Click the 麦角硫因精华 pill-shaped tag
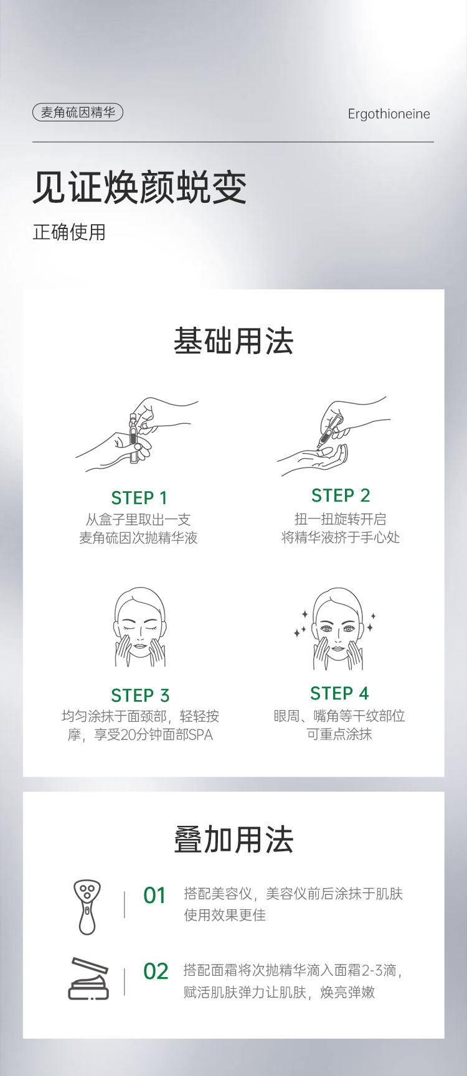tap(78, 113)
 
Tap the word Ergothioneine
tap(389, 114)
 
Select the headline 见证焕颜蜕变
tap(140, 187)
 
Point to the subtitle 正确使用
tap(69, 232)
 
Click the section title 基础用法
tap(233, 341)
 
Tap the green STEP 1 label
tap(139, 498)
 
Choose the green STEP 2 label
tap(341, 495)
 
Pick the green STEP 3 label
tap(140, 695)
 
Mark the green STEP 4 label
tap(339, 693)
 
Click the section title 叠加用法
tap(233, 840)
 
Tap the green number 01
tap(155, 896)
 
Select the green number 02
tap(156, 971)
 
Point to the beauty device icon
tap(87, 906)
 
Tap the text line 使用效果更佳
tap(225, 915)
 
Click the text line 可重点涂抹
tap(339, 734)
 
